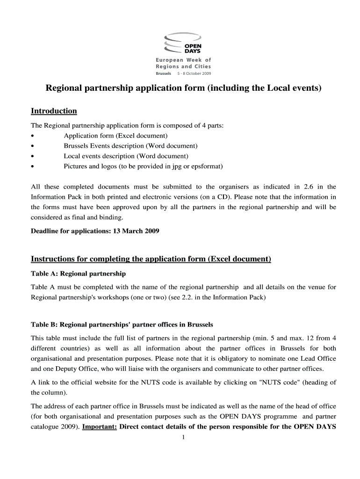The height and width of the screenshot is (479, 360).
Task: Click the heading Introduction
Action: (54, 111)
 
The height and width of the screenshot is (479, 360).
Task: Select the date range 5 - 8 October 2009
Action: (194, 74)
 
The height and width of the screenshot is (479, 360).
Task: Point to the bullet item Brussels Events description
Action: (130, 146)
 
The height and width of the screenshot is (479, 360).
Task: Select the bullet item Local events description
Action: (126, 156)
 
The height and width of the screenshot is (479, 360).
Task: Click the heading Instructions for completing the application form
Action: (151, 260)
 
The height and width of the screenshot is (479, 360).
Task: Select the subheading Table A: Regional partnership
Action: (78, 274)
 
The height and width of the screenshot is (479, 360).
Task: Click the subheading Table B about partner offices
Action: (122, 325)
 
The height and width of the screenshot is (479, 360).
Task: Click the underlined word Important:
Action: (99, 427)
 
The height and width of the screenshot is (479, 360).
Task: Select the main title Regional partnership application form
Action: (183, 88)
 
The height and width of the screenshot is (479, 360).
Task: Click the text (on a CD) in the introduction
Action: (248, 196)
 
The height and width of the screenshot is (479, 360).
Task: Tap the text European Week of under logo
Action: (183, 60)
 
